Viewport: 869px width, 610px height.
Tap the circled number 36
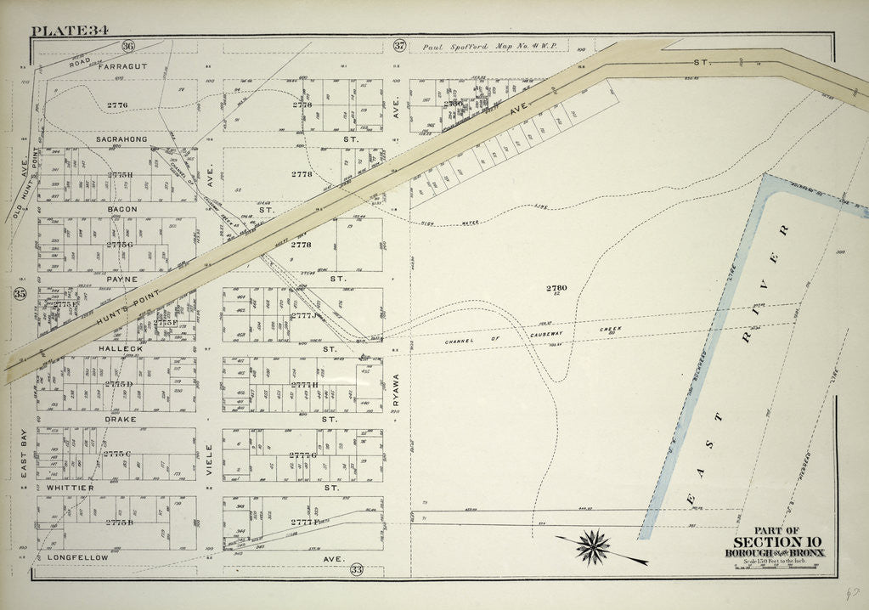click(x=127, y=46)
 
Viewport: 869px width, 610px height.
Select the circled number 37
click(x=401, y=46)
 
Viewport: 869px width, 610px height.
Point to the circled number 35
click(x=20, y=294)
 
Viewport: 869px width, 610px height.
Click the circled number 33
click(x=356, y=569)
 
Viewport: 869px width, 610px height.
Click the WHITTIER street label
click(x=70, y=489)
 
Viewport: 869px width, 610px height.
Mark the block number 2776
click(x=117, y=104)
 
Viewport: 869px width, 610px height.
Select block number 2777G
click(x=302, y=455)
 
